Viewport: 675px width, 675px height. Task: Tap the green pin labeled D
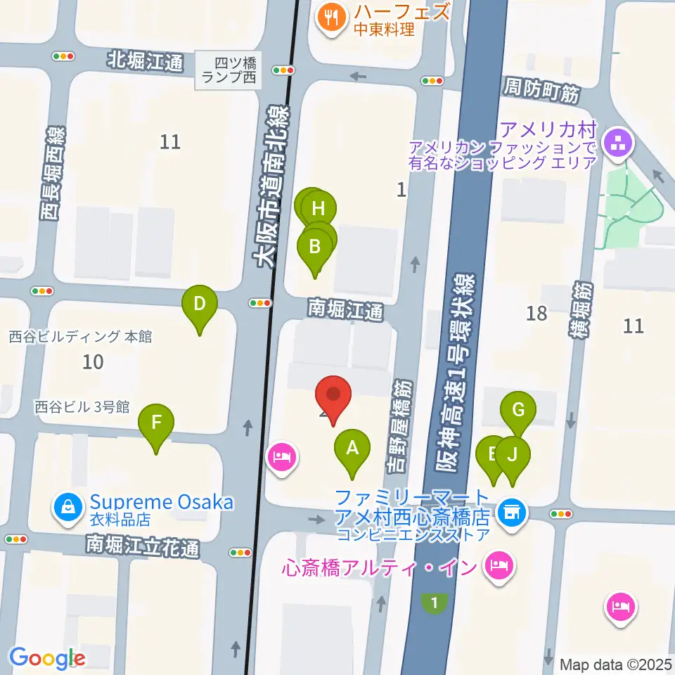200,305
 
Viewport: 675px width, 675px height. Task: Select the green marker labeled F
156,423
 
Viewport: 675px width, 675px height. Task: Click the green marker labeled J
513,455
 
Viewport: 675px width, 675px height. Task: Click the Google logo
47,658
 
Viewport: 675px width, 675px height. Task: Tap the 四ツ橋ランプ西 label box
229,70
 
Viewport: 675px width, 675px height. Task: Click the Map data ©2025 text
616,664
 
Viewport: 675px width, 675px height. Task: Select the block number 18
536,313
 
